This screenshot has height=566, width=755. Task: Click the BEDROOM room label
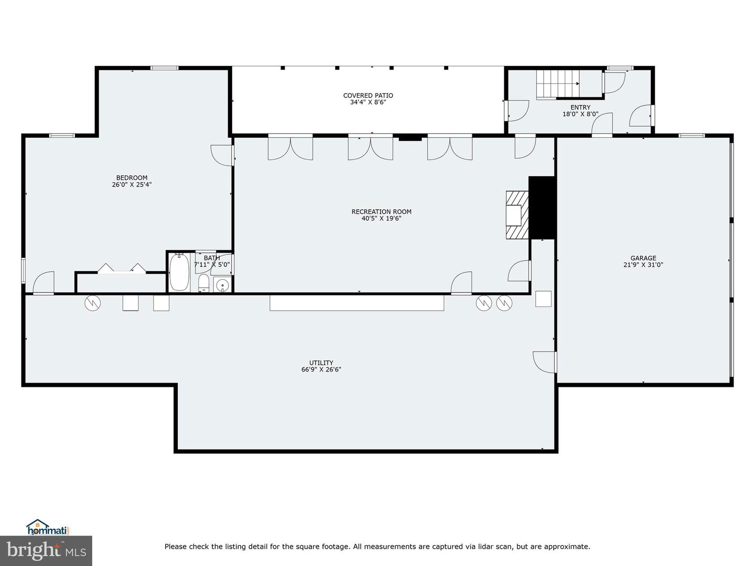(x=132, y=178)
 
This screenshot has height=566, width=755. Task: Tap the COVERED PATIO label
(x=368, y=95)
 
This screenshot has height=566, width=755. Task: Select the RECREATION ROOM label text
(x=381, y=212)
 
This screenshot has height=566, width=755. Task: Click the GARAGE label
(x=643, y=258)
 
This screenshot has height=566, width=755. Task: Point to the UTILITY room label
(x=321, y=363)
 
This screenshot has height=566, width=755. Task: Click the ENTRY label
(x=580, y=107)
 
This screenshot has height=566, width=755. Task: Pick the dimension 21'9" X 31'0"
(x=643, y=265)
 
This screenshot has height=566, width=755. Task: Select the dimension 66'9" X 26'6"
(x=321, y=369)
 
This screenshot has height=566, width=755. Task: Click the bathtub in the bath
(x=179, y=271)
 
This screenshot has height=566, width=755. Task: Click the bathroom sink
(x=222, y=286)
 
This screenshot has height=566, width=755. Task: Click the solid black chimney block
(x=542, y=208)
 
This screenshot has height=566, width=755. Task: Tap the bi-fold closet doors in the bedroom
(x=122, y=268)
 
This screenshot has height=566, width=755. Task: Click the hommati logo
(x=48, y=527)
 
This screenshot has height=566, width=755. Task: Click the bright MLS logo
(x=46, y=550)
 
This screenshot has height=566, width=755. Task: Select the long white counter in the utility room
(x=357, y=303)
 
